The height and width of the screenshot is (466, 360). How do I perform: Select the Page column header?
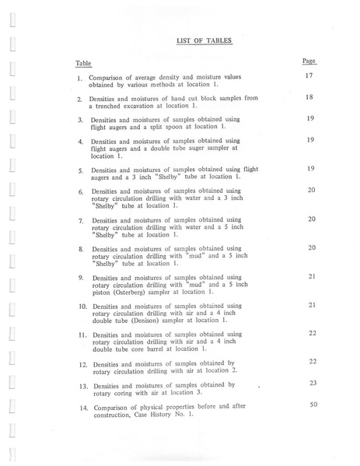309,60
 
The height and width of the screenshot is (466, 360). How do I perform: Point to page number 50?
312,405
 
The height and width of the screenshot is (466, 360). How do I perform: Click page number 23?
312,383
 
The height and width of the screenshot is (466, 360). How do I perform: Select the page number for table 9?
311,276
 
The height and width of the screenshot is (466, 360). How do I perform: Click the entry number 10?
82,306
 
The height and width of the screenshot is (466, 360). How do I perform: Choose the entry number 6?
81,191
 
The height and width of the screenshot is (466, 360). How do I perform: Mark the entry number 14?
82,407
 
